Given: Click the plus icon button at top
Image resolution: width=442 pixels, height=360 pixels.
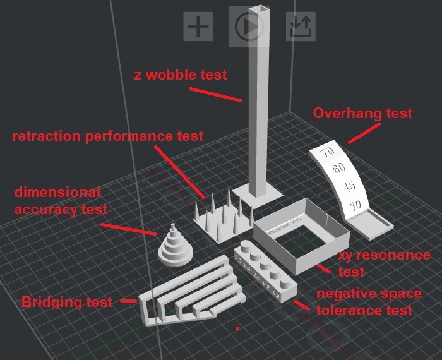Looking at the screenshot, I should point(198,27).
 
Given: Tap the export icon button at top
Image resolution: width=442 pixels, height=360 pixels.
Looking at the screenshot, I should point(300,27).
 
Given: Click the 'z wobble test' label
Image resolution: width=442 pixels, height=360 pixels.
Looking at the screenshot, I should point(181,75).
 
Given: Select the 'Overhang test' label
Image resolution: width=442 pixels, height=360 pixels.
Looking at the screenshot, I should point(362,114).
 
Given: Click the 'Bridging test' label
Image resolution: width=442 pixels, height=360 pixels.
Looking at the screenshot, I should point(67,302).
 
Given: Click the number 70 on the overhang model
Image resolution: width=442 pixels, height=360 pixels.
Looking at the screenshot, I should point(327,153).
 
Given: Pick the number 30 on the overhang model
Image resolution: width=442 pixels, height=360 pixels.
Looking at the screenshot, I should point(355,206).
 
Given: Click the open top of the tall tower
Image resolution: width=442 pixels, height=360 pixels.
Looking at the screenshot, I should point(261,9).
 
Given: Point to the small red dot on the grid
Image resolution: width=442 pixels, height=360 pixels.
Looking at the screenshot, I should point(237,328).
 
